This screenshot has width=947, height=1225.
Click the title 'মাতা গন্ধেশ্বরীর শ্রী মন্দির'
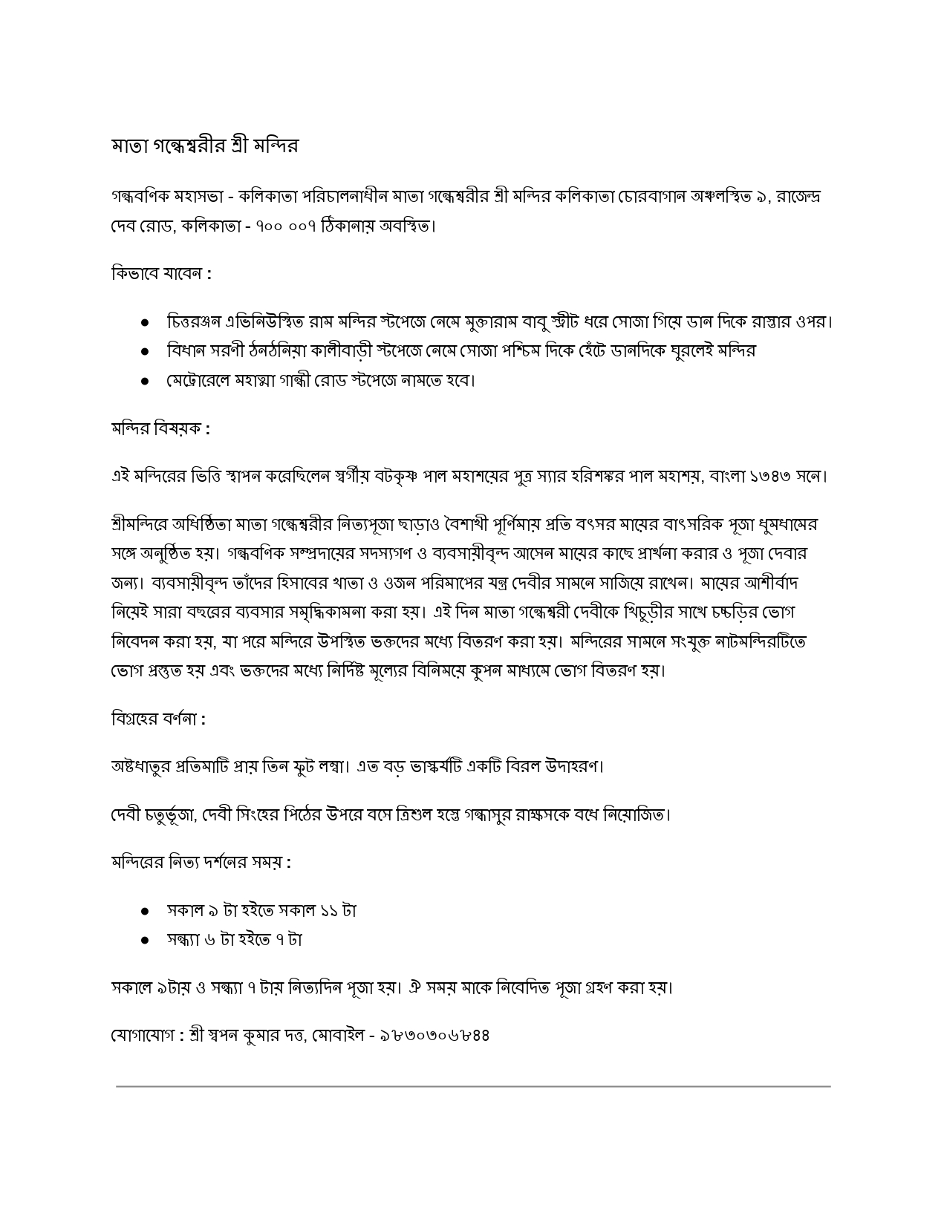(x=204, y=145)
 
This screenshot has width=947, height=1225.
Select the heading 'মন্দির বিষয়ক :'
(x=160, y=428)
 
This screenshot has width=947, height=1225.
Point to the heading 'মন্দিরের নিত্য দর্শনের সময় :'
(x=201, y=862)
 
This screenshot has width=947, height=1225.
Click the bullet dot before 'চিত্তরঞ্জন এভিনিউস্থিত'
(x=146, y=322)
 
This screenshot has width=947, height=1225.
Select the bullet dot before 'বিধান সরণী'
(x=146, y=351)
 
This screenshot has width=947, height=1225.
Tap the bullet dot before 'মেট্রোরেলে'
(x=146, y=381)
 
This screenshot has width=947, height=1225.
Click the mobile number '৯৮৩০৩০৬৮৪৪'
(x=434, y=1034)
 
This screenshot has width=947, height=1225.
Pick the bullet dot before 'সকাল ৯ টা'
(x=146, y=910)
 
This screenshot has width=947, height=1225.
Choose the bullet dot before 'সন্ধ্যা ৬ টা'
(x=146, y=940)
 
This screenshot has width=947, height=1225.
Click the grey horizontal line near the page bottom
(x=473, y=1086)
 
